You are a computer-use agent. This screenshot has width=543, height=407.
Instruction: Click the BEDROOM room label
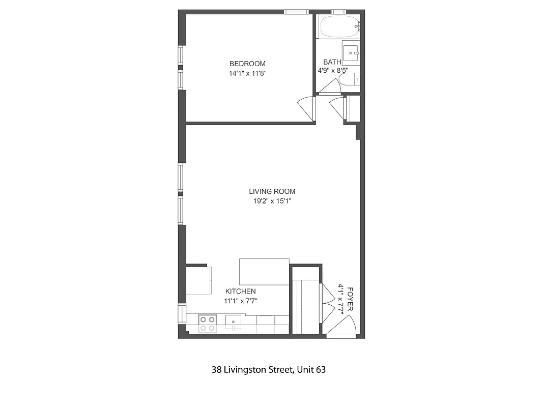point(247,64)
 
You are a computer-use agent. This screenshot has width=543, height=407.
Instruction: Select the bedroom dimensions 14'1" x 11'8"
point(247,73)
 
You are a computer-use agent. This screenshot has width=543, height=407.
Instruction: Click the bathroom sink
point(351,52)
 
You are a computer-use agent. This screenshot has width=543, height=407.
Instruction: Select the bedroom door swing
point(306,107)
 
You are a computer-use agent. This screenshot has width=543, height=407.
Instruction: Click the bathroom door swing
point(330,88)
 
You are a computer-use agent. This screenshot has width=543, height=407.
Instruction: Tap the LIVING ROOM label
point(272,191)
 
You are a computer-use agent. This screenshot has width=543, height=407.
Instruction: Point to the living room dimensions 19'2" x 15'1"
point(272,201)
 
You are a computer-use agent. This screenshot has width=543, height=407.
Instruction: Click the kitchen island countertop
point(264,272)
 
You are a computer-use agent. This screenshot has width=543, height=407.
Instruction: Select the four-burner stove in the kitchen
point(207,324)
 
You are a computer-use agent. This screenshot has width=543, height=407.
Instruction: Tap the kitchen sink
point(233,322)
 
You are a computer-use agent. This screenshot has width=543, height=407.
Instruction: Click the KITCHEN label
point(240,291)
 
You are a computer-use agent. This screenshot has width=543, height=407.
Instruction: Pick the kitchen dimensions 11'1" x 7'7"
point(241,301)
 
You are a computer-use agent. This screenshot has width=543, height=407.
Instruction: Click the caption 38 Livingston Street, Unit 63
point(268,370)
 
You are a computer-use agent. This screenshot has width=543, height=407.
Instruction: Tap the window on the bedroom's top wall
point(296,11)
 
